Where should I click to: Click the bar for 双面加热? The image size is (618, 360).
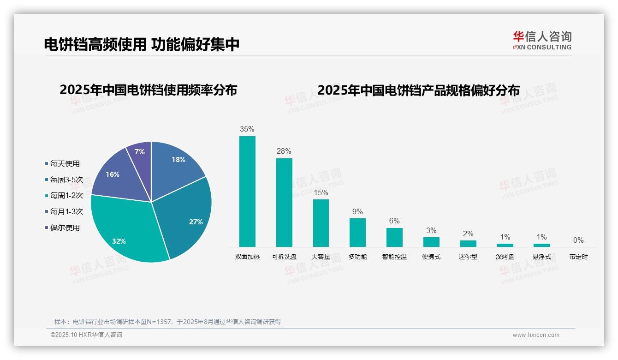pos(247,192)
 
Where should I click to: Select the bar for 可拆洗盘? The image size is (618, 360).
pos(284,203)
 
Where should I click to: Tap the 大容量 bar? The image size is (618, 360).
pos(321,223)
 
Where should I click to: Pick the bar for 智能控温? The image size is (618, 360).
pos(394,237)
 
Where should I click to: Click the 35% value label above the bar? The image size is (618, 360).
pos(247,129)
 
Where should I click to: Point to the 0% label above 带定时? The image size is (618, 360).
pos(578,240)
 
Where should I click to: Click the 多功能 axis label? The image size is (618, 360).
pos(357,257)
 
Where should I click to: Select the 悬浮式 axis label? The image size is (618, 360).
pos(541,257)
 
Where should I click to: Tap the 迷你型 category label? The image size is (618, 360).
pos(468,257)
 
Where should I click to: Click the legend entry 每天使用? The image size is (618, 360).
pos(65,163)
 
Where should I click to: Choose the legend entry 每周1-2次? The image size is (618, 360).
pos(66,196)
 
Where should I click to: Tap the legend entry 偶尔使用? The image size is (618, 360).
pos(65,228)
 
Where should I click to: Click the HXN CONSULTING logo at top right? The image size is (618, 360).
pos(542,41)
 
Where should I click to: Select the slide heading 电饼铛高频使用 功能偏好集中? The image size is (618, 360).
pos(142,44)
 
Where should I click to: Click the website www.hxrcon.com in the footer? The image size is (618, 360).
pos(535,335)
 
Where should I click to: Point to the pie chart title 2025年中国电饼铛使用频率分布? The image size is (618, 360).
pos(148,90)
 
